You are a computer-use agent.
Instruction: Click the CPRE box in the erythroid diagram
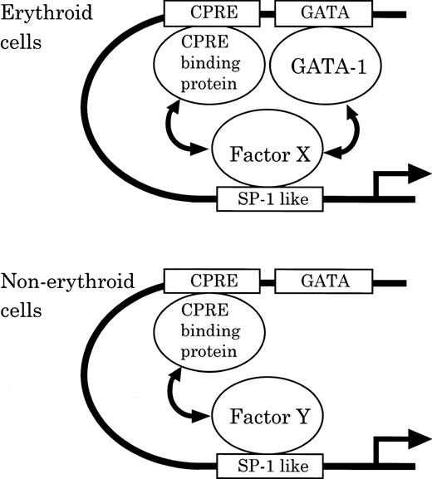[212, 13]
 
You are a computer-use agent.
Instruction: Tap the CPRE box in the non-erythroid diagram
[212, 281]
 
